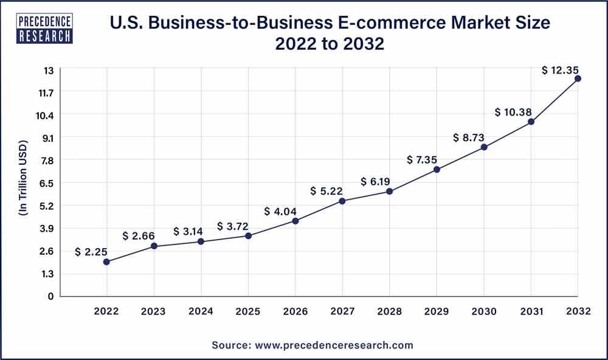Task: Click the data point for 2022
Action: tap(106, 262)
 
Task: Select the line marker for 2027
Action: tap(342, 201)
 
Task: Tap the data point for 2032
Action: tap(578, 78)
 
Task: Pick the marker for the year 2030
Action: tap(484, 147)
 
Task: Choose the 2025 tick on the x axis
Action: tap(248, 311)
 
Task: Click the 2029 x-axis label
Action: tap(437, 311)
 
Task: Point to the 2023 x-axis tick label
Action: tap(154, 311)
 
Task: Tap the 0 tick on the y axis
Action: tap(50, 296)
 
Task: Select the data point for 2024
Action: tap(201, 242)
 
